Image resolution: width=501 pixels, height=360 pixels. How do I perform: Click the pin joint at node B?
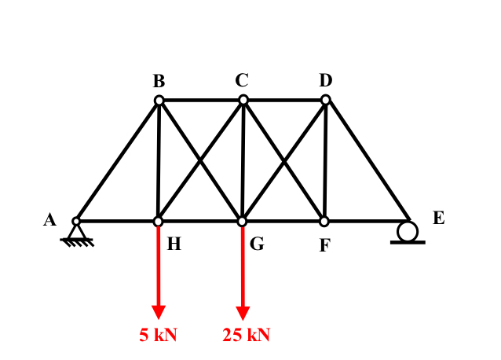[159, 101]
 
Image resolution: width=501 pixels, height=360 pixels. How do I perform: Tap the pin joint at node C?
[243, 100]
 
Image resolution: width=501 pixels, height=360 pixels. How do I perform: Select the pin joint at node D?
[326, 99]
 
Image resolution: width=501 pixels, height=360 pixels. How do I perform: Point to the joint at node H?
[158, 222]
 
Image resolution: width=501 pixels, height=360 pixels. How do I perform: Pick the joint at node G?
[243, 222]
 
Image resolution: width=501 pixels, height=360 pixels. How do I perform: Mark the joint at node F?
[324, 222]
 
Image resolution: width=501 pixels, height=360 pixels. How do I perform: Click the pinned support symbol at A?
[77, 233]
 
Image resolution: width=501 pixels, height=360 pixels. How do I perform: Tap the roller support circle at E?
[408, 231]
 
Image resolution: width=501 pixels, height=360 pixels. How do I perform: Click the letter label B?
[159, 81]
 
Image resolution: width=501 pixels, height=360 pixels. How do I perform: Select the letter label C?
[241, 79]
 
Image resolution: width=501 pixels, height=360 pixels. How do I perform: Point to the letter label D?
[326, 79]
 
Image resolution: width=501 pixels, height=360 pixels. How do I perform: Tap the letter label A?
[49, 220]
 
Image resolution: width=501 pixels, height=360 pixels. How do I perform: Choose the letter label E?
[438, 219]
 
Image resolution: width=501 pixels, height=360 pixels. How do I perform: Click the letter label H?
[174, 244]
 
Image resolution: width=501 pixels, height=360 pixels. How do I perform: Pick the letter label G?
[257, 244]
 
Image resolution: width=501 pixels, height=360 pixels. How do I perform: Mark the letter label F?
[324, 246]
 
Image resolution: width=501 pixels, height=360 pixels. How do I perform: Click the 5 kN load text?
[159, 335]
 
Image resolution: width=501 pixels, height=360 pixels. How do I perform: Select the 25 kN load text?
[246, 335]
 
